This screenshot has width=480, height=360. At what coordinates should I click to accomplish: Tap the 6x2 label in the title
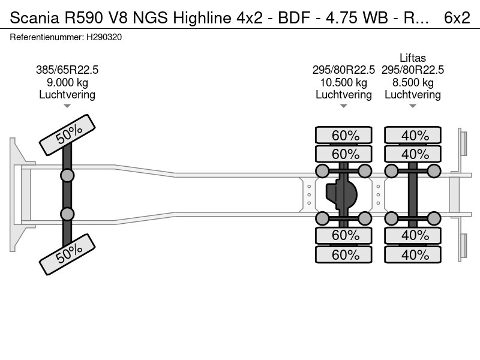click(457, 18)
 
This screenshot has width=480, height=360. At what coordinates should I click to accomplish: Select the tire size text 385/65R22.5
click(67, 70)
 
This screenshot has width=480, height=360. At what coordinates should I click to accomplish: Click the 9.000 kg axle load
click(67, 82)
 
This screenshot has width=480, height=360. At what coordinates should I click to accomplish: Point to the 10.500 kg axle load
click(344, 82)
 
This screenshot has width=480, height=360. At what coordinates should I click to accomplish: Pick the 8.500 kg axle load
click(413, 82)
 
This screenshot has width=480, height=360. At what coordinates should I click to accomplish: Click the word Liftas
click(413, 58)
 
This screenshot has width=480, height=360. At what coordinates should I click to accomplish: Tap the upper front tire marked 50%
click(67, 136)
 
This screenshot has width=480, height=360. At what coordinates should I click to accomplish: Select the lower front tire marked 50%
click(67, 254)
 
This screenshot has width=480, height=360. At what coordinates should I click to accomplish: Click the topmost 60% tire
click(344, 135)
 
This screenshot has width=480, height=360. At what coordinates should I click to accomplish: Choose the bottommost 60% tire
click(344, 255)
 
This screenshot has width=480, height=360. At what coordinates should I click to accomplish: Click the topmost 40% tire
click(413, 135)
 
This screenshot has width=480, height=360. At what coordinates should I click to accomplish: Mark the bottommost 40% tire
click(413, 255)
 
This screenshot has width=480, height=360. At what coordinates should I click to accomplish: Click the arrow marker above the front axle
click(67, 106)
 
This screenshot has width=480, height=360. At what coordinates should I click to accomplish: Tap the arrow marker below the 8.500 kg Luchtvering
click(413, 106)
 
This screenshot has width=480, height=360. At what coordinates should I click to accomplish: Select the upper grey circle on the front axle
click(67, 176)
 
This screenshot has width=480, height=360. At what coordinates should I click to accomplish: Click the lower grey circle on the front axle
click(67, 214)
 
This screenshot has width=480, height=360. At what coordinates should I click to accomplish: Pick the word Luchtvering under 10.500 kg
click(344, 94)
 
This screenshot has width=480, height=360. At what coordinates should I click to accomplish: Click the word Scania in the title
click(31, 18)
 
